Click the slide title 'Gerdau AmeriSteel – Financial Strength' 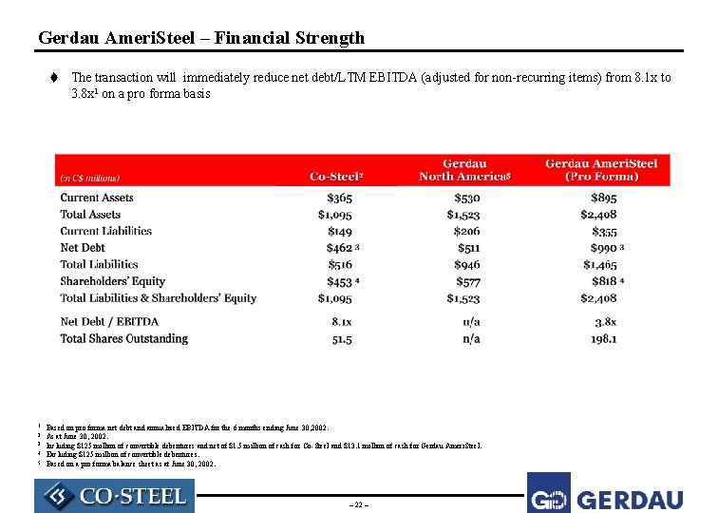(x=201, y=38)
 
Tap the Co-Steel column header (x=336, y=177)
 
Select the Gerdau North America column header (x=465, y=170)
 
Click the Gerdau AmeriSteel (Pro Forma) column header (x=601, y=170)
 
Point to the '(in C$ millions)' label (x=90, y=178)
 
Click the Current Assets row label (x=97, y=198)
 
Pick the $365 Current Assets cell (x=339, y=198)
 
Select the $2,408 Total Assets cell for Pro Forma (x=598, y=215)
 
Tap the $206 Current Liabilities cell (x=466, y=231)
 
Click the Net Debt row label (x=83, y=248)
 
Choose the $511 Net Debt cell (x=468, y=248)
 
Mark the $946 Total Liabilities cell (x=466, y=265)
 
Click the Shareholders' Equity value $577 (x=466, y=281)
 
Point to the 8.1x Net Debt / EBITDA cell (x=343, y=322)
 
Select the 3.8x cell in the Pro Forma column (x=605, y=322)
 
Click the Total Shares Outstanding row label (x=124, y=339)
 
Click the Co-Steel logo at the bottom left (x=114, y=496)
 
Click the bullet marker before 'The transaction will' (x=57, y=78)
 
